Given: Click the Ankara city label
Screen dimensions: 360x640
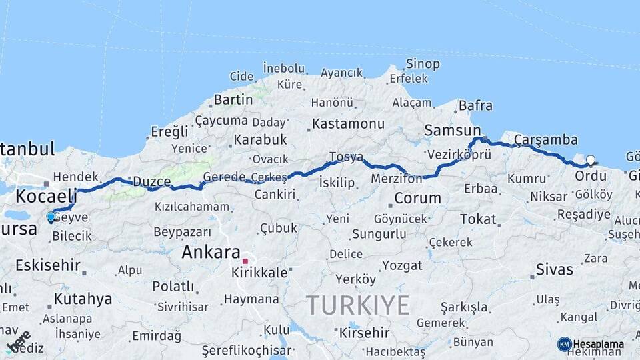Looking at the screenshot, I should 211,253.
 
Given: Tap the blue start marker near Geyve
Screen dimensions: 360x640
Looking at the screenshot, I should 51,217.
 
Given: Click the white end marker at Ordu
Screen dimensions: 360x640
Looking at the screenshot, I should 590,161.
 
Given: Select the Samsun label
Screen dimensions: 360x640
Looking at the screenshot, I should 453,131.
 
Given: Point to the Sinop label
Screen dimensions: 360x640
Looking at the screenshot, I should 423,64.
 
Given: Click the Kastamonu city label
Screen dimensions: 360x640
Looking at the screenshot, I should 348,124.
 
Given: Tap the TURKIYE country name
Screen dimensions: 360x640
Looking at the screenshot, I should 358,305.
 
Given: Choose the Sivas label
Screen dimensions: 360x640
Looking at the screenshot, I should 554,270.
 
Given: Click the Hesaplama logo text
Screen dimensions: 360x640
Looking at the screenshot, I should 598,344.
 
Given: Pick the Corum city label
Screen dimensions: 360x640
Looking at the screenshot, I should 417,198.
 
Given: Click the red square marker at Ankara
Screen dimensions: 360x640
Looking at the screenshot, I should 245,261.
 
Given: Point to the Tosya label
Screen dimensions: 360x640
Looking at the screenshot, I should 346,157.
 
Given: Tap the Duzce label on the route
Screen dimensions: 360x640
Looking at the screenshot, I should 152,181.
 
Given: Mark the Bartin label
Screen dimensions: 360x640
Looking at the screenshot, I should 233,100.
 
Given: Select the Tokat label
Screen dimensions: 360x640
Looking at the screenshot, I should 478,219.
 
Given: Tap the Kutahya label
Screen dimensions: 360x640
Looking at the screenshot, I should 83,299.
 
